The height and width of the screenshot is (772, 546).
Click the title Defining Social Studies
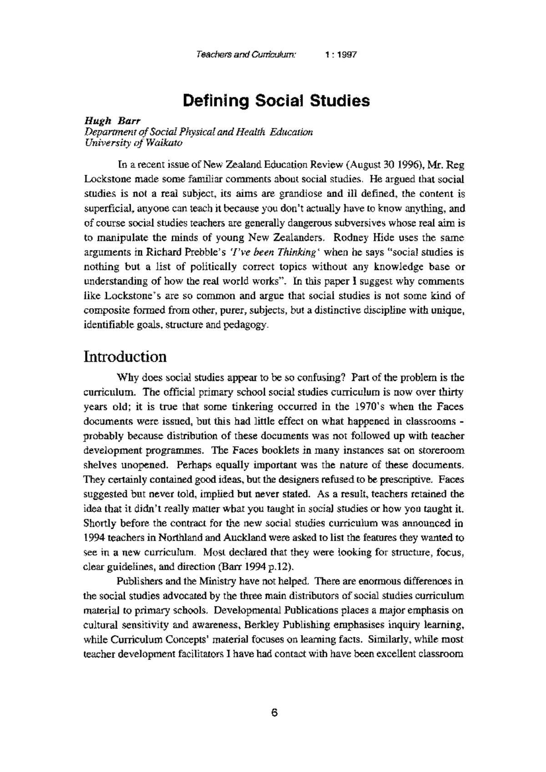tap(276, 100)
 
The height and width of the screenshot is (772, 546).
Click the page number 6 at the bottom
tap(274, 712)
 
